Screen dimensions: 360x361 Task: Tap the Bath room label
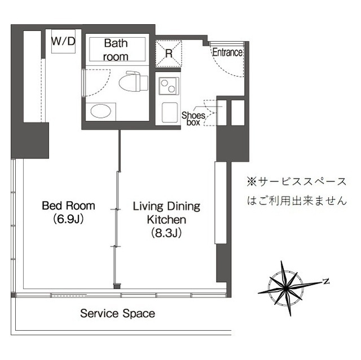116,50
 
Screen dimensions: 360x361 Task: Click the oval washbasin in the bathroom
102,110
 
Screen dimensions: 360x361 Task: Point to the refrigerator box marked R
169,54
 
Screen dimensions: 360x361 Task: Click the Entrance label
227,52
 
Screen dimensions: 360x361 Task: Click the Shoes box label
192,118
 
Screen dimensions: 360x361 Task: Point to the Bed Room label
69,206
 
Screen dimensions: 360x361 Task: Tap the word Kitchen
166,219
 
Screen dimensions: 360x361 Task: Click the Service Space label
117,313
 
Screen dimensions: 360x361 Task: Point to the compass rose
289,287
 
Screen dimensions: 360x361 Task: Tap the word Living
147,206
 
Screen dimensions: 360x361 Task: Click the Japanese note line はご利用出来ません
297,200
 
